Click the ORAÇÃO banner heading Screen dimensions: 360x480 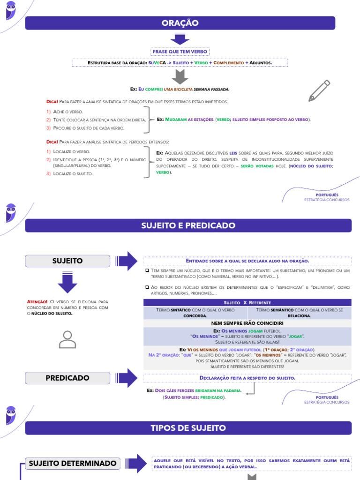[180, 23]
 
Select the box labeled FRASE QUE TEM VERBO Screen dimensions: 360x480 [180, 52]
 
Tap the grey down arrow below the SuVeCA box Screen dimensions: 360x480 [180, 77]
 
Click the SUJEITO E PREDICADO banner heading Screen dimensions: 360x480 [188, 225]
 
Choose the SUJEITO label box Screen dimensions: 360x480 [68, 261]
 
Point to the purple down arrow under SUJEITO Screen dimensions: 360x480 [68, 283]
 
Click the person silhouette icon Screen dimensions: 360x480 [67, 339]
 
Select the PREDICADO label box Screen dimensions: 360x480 [68, 377]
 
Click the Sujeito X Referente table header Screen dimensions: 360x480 [247, 303]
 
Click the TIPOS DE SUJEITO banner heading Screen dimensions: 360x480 [188, 428]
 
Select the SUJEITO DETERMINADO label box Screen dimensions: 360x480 [73, 464]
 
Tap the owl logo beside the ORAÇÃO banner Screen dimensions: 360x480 [11, 11]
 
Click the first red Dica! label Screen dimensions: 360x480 [52, 102]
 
